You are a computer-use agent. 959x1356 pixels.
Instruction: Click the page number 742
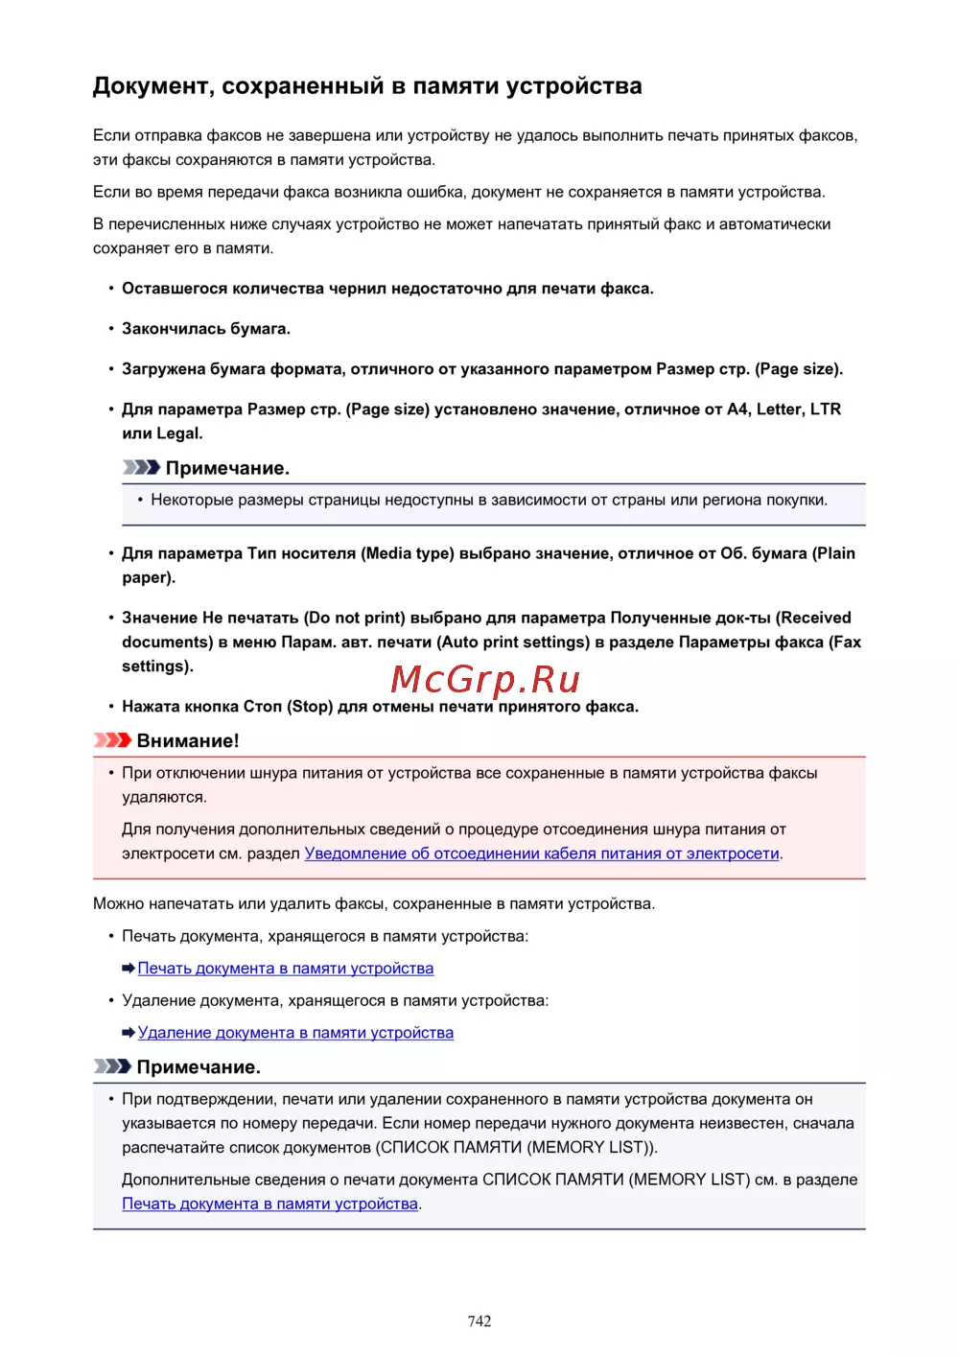pos(479,1321)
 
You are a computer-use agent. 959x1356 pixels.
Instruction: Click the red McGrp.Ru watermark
pos(485,679)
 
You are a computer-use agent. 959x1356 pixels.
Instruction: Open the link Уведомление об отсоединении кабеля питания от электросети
pos(541,853)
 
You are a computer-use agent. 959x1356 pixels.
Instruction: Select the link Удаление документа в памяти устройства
pos(295,1033)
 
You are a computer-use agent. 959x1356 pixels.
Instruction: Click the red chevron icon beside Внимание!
pos(112,740)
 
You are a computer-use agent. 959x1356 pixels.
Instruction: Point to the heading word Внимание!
pos(188,740)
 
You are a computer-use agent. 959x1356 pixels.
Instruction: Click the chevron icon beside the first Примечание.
pos(141,468)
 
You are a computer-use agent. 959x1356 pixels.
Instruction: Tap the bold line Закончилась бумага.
pos(205,328)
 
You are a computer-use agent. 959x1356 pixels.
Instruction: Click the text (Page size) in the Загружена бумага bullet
pos(799,369)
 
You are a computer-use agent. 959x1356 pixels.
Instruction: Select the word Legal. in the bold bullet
pos(179,433)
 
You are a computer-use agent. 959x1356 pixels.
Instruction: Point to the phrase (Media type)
pos(407,553)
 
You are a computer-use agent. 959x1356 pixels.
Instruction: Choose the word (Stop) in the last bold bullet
pos(310,707)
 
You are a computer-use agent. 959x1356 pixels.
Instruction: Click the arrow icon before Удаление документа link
pos(129,1033)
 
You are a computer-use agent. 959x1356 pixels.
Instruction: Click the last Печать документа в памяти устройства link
pos(270,1204)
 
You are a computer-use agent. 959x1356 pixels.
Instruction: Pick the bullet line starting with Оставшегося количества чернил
pos(387,289)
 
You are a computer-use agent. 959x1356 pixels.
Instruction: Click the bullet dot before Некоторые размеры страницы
pos(140,500)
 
